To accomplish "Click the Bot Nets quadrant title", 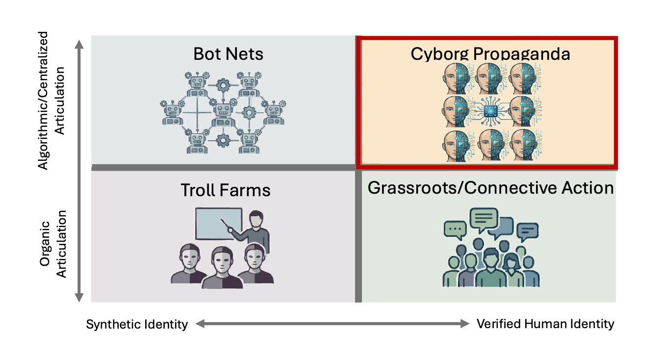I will [228, 53].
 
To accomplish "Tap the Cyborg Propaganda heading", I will [490, 53].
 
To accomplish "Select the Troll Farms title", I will [226, 190].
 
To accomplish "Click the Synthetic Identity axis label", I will [137, 325].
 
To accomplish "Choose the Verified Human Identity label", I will [545, 324].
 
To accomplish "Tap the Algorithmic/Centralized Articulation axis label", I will [52, 101].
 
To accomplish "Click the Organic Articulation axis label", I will [52, 244].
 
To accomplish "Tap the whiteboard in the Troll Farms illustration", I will [218, 224].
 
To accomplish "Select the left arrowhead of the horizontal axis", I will [200, 323].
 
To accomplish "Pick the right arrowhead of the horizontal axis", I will [465, 323].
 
